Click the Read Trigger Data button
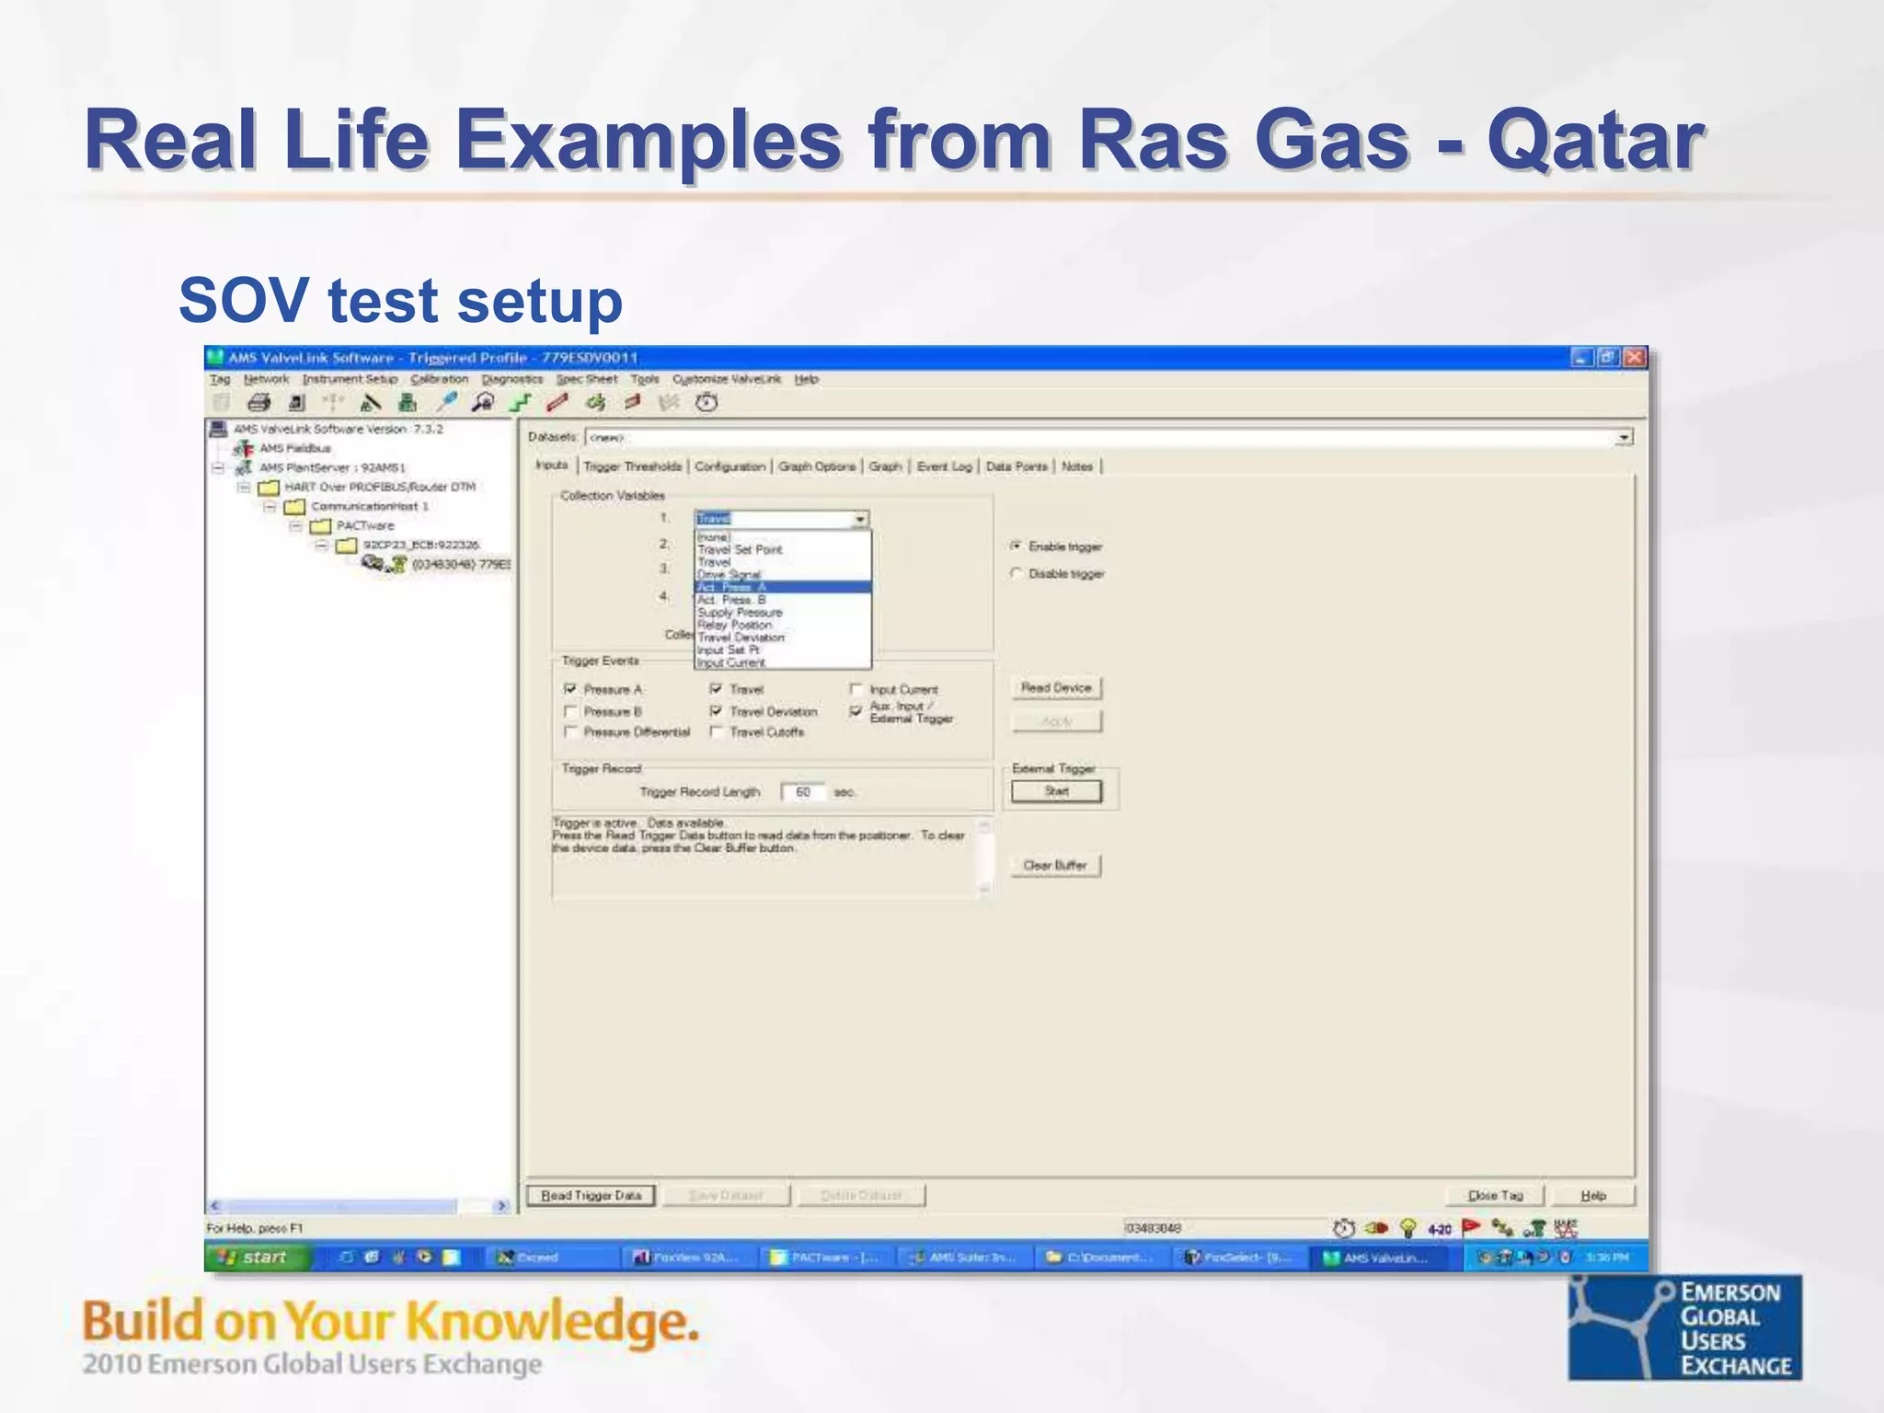pyautogui.click(x=591, y=1195)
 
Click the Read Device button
pyautogui.click(x=1056, y=688)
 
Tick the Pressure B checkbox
pyautogui.click(x=570, y=711)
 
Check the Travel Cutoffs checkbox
pyautogui.click(x=717, y=732)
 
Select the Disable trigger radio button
pyautogui.click(x=1017, y=573)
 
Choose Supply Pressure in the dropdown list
pyautogui.click(x=740, y=613)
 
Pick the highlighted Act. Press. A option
pyautogui.click(x=782, y=587)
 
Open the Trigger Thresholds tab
pyautogui.click(x=633, y=466)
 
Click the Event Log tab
pyautogui.click(x=944, y=466)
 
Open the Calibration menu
pyautogui.click(x=439, y=379)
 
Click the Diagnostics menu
pyautogui.click(x=512, y=379)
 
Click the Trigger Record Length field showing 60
pyautogui.click(x=803, y=792)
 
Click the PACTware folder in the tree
pyautogui.click(x=364, y=525)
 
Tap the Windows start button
pyautogui.click(x=257, y=1257)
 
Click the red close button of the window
pyautogui.click(x=1635, y=357)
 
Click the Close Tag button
pyautogui.click(x=1495, y=1195)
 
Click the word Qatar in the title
pyautogui.click(x=1595, y=140)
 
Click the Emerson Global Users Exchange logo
pyautogui.click(x=1684, y=1327)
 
